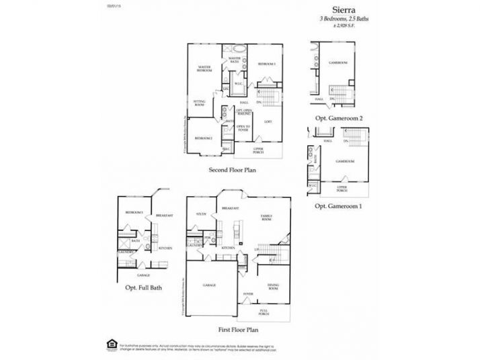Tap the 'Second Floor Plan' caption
pyautogui.click(x=233, y=170)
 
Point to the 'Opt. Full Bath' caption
pyautogui.click(x=143, y=288)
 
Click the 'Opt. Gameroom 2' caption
pyautogui.click(x=339, y=118)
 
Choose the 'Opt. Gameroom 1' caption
pyautogui.click(x=338, y=206)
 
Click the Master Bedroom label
pyautogui.click(x=204, y=69)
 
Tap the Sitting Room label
pyautogui.click(x=199, y=103)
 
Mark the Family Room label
pyautogui.click(x=266, y=218)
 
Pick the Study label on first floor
pyautogui.click(x=200, y=214)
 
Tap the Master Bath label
pyautogui.click(x=235, y=60)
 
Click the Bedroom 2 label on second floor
pyautogui.click(x=204, y=138)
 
